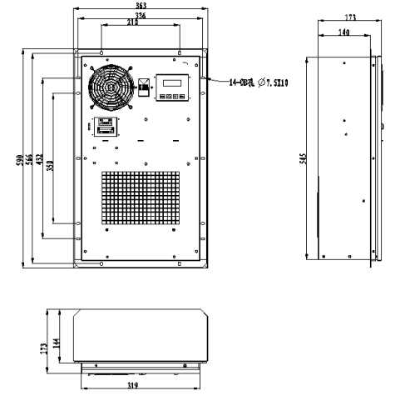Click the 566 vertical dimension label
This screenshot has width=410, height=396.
coord(30,160)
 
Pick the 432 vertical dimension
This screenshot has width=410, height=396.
coord(40,160)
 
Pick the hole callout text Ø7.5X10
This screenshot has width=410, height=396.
coord(259,83)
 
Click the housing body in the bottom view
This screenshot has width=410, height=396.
coord(137,333)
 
